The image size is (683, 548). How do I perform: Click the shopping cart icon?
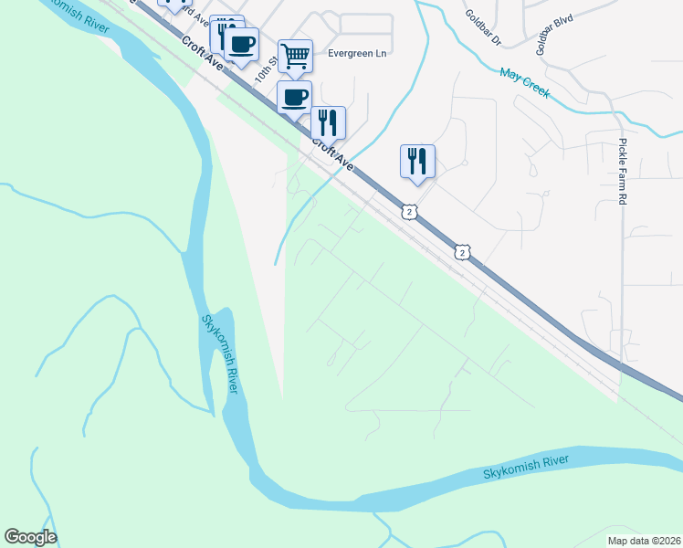click(x=295, y=56)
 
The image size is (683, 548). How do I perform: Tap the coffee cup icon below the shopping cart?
click(x=294, y=96)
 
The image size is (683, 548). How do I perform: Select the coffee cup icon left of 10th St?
click(x=241, y=44)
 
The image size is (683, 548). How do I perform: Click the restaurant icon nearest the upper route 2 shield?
click(x=417, y=161)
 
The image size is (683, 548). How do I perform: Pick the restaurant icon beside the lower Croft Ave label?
click(x=328, y=122)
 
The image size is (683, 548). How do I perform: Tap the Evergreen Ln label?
click(x=358, y=53)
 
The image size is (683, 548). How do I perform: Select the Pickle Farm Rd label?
click(x=623, y=171)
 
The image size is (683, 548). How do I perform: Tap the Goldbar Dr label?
click(x=484, y=26)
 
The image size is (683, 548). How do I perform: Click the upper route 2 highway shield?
click(x=410, y=212)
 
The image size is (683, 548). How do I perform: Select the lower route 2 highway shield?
click(x=463, y=251)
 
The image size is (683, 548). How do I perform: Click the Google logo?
click(x=30, y=537)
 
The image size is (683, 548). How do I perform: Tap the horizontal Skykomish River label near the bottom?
click(x=525, y=467)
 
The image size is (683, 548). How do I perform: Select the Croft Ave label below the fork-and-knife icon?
click(x=331, y=153)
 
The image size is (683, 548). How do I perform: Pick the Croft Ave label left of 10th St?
click(x=202, y=54)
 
